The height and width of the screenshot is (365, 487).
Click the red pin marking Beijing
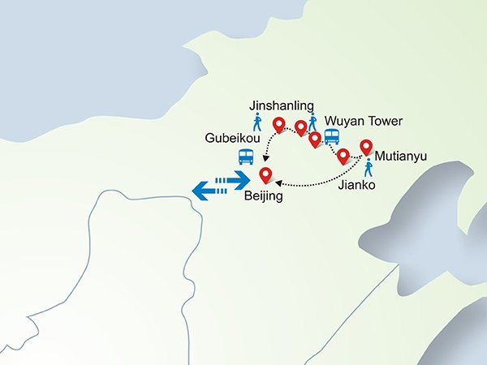point(265,174)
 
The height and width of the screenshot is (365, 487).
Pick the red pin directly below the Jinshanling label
point(280,125)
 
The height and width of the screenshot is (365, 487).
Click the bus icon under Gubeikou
point(244,156)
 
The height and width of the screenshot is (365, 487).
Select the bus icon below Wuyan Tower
point(332,137)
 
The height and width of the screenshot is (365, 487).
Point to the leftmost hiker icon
point(257,122)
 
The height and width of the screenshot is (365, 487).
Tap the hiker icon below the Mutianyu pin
point(369,168)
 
